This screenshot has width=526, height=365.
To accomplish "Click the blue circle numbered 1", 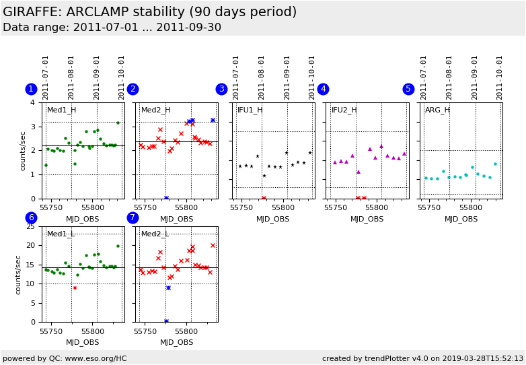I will pos(31,89).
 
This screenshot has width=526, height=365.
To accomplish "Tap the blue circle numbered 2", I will pos(133,89).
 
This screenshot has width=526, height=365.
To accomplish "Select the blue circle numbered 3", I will pos(221,89).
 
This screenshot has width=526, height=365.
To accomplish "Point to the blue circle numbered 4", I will pos(323,89).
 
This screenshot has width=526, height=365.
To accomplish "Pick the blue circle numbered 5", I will pos(408,89).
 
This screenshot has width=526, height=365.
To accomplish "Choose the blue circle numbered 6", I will pos(31,218).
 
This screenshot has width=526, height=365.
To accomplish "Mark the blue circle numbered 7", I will pos(133,218).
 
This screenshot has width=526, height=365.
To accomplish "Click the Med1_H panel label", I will pos(61,110).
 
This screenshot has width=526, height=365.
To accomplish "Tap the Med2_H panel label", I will pos(155,110).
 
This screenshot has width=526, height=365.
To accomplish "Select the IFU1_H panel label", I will pos(250,110).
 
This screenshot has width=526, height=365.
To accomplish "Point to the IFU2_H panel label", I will pos(344,110).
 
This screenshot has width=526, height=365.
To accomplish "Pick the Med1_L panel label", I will pos(61,234).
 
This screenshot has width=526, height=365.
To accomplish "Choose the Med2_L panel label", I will pos(155,234).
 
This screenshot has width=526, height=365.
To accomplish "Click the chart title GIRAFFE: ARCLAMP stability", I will pos(149,12).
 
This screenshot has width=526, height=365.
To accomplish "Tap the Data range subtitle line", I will pos(112,28).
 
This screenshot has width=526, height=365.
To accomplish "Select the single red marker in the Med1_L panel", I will pos(75,288).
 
